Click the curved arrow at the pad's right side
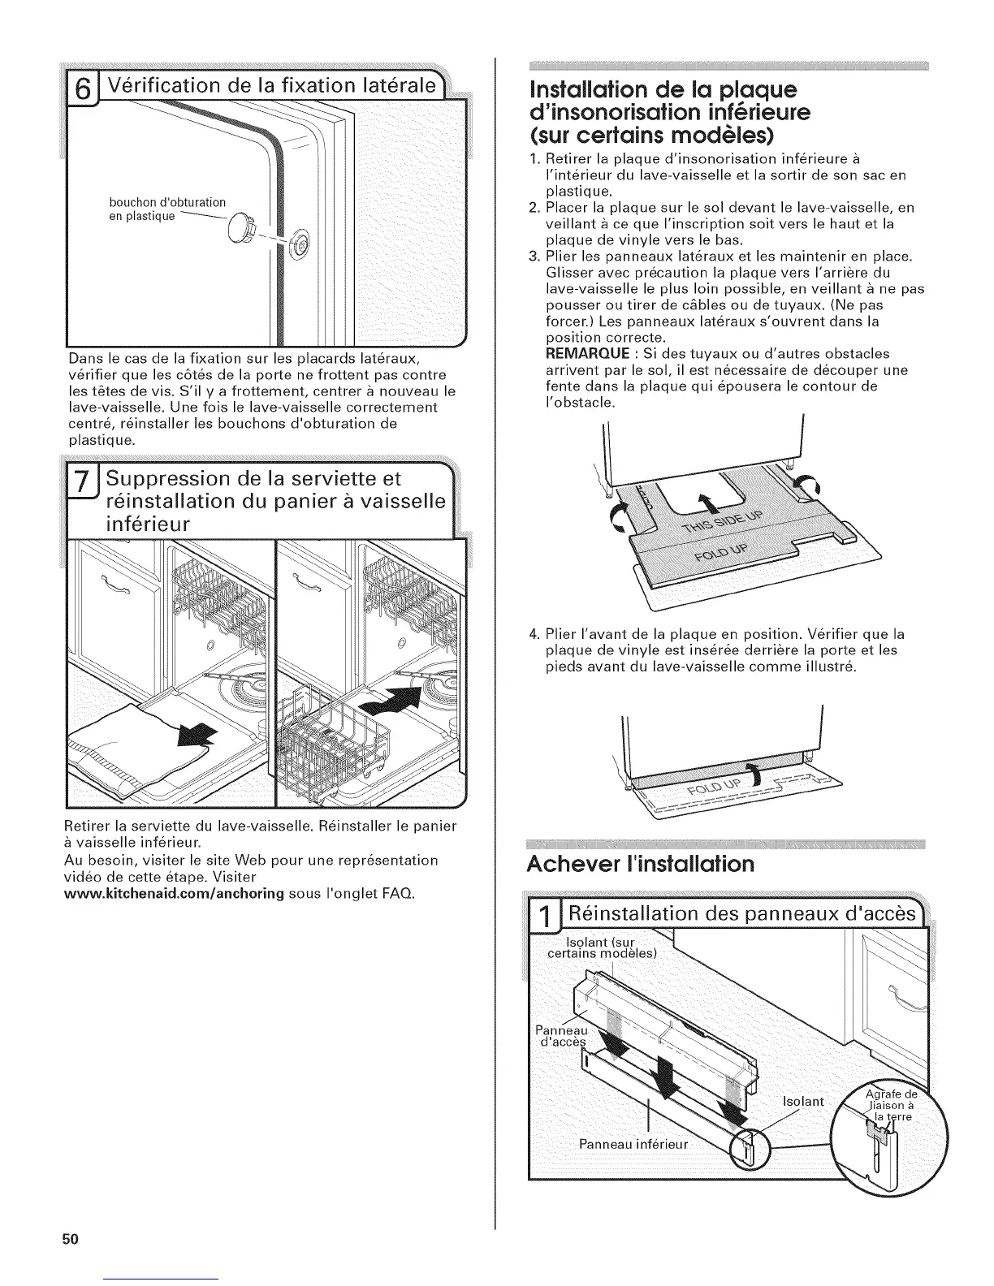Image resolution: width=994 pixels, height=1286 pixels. click(x=810, y=488)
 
